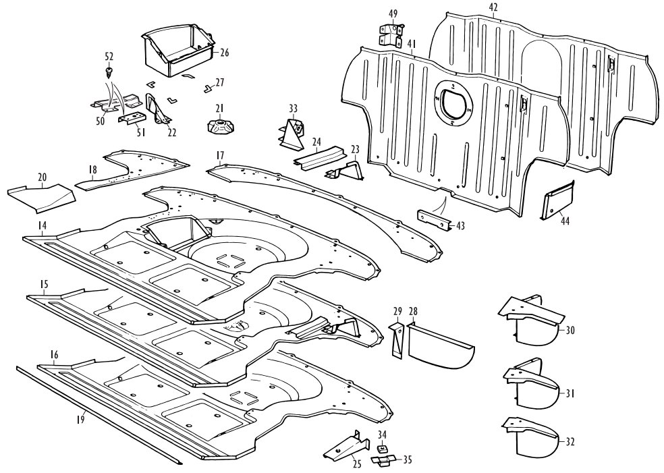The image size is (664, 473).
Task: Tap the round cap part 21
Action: coord(219,126)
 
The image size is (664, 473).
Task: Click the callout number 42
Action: coord(493,7)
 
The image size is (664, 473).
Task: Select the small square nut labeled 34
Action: coord(382,447)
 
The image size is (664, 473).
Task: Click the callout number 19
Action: coord(80,419)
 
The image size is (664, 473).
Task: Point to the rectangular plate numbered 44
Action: coord(557,200)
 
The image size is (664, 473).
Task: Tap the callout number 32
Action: coord(570,442)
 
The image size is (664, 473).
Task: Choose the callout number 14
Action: coord(42,225)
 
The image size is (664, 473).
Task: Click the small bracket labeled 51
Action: coord(132,118)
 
